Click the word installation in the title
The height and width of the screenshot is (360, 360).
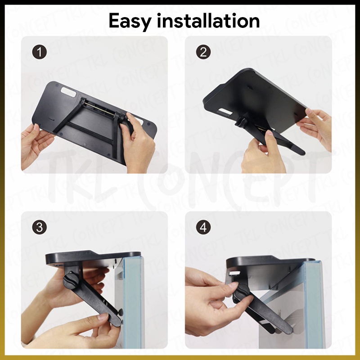point(208,20)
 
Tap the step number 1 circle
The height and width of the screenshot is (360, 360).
point(39,52)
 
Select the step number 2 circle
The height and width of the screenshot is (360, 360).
point(203,52)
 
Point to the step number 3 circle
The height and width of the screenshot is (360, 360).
point(39,228)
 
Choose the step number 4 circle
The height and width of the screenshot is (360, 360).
point(203,228)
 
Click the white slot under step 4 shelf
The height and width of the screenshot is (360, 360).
point(235,273)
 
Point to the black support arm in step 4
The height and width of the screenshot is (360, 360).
point(266,312)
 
